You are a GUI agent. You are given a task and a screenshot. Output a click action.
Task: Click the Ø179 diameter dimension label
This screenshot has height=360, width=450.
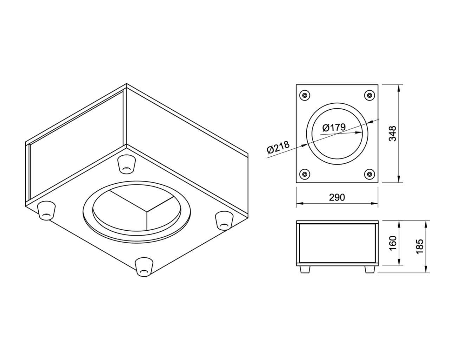(x=334, y=127)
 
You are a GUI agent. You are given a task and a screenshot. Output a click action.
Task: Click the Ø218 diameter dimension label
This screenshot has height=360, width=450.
(x=278, y=147)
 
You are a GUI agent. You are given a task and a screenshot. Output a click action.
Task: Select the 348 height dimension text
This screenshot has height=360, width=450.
(x=393, y=134)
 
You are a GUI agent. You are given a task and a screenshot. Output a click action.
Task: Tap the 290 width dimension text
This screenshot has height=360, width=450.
(x=337, y=197)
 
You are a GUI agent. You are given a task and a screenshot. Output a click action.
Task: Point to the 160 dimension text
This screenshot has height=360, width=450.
(x=393, y=243)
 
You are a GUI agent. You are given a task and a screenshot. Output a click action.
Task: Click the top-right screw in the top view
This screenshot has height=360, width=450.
(x=369, y=95)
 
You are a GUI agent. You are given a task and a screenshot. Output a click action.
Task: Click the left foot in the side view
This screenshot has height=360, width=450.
(x=304, y=269)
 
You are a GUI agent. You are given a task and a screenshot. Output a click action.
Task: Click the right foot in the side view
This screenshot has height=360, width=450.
(x=369, y=269)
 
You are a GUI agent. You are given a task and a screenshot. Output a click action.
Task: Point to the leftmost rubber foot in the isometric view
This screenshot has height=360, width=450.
(x=46, y=211)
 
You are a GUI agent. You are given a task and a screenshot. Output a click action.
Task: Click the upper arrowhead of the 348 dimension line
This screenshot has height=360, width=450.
(x=399, y=88)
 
